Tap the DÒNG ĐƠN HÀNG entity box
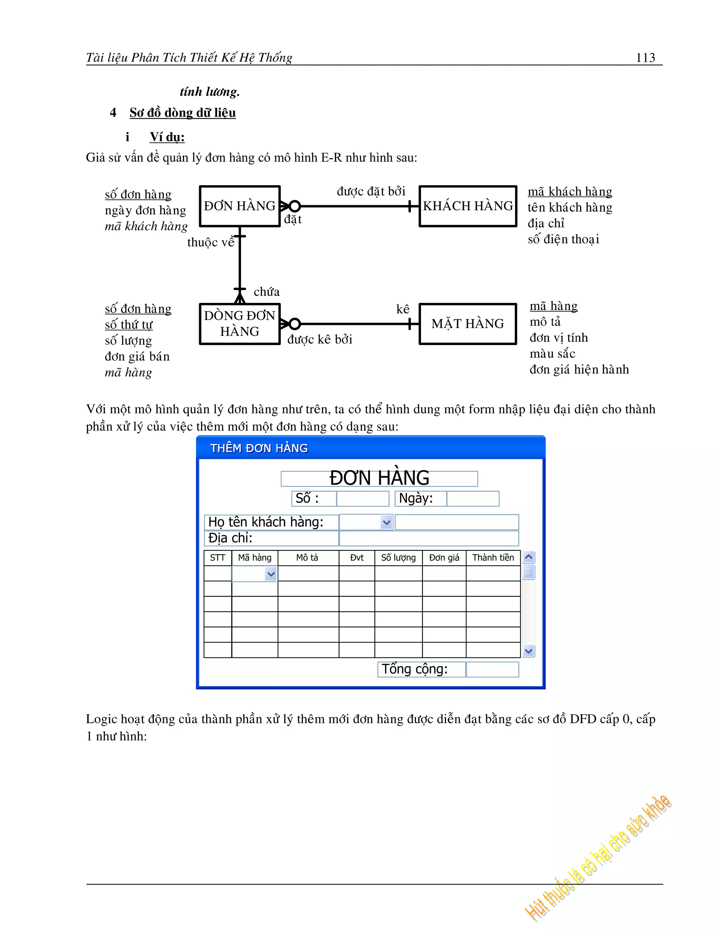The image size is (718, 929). click(239, 324)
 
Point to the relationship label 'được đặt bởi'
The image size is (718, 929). click(371, 191)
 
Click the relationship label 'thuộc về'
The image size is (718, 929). click(211, 243)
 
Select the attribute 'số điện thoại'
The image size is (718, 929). click(563, 239)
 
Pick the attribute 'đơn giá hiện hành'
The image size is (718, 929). click(579, 369)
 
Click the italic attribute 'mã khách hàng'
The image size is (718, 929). click(146, 226)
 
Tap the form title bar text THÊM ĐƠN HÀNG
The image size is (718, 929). click(259, 448)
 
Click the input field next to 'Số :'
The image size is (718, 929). click(363, 499)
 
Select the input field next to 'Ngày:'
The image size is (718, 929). click(473, 499)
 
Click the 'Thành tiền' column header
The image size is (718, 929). click(493, 558)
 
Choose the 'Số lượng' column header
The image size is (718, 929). click(398, 558)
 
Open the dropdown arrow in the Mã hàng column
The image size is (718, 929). click(271, 574)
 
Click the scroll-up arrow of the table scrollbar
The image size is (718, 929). click(529, 557)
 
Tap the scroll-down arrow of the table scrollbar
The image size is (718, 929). click(529, 651)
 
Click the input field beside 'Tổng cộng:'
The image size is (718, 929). click(492, 670)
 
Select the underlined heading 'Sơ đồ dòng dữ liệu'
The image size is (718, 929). click(182, 113)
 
